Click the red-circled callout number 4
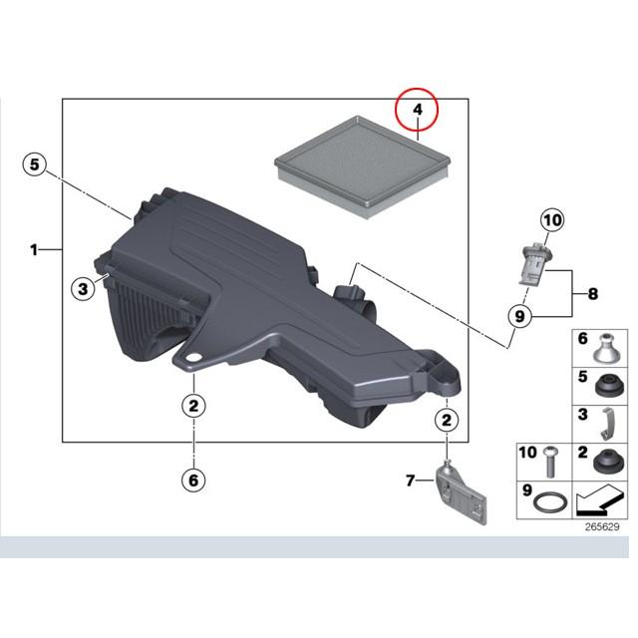coord(418,110)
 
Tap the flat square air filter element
coord(363,166)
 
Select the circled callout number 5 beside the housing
coord(35,164)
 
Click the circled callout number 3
coord(83,289)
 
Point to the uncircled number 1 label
coord(34,249)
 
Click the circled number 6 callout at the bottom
coord(193,480)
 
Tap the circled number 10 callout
coord(552,220)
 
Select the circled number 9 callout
coord(519,316)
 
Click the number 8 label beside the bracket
coord(593,293)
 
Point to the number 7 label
coord(411,480)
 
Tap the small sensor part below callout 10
coord(534,262)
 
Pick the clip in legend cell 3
coord(608,424)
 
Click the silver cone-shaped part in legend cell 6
coord(607,348)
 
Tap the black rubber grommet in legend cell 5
coord(609,386)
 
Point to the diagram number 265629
coord(602,527)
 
